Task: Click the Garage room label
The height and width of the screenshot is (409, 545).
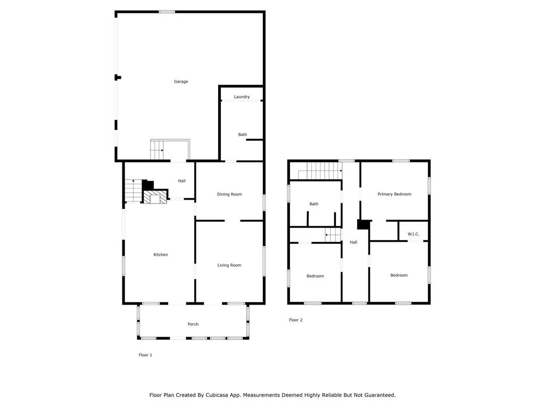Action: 181,81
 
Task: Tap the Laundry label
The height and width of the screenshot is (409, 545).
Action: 242,97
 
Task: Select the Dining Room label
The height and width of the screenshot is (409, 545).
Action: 229,194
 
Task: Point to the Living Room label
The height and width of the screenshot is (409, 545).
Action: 229,265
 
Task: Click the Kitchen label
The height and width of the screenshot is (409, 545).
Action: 161,255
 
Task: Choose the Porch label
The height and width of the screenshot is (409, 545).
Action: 193,324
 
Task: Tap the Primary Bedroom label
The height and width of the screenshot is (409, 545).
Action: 394,194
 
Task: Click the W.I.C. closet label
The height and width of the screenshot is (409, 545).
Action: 413,234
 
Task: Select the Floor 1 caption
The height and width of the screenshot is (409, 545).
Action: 145,355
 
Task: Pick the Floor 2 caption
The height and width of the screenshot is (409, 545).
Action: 296,320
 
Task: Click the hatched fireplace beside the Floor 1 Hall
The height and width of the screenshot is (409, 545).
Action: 155,197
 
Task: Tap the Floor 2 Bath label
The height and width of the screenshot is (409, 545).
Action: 314,204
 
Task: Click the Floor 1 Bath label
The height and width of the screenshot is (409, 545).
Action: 243,135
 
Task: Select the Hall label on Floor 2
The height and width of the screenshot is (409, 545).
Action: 353,242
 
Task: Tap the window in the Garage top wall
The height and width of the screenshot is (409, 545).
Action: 167,12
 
